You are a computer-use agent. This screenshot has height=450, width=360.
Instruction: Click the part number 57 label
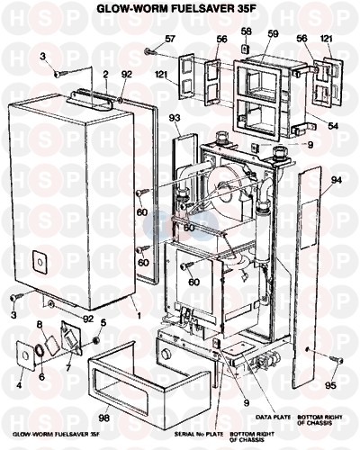170,39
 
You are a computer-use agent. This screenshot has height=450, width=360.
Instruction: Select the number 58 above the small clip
246,31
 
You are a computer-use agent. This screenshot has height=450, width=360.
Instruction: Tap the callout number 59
273,33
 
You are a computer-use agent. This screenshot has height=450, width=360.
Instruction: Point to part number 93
175,118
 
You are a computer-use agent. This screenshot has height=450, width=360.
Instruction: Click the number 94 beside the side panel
337,180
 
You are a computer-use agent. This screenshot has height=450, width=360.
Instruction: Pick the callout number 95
330,385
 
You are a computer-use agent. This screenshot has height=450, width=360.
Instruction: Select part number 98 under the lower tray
103,418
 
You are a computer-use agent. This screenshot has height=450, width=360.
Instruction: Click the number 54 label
333,126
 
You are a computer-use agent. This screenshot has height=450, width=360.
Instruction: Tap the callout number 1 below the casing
139,316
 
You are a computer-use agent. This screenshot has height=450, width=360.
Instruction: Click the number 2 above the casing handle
105,75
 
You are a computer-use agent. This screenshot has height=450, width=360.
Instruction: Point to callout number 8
39,324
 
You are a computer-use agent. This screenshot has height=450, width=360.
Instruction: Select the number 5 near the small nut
103,323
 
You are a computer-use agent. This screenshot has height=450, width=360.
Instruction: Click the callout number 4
19,385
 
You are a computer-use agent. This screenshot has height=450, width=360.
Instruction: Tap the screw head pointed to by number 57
148,51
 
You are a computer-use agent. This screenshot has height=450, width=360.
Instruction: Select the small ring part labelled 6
40,351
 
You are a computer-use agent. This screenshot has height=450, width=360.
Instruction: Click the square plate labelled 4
25,356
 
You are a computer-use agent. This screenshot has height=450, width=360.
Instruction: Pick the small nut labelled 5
96,340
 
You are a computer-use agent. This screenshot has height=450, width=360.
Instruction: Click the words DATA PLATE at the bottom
273,417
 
